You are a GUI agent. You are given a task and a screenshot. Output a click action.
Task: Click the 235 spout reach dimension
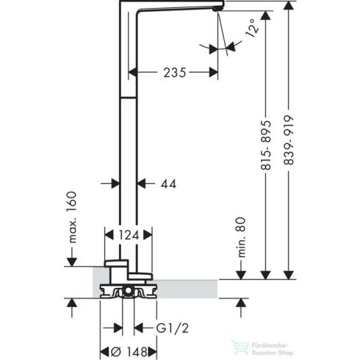(x=173, y=72)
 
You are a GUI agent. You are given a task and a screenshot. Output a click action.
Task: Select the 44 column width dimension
(x=168, y=186)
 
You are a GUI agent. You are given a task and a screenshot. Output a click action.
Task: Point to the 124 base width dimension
(x=129, y=236)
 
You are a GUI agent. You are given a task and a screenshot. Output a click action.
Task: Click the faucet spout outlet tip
(x=215, y=8)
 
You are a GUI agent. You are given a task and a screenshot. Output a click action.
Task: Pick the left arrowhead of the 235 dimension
(x=133, y=73)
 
